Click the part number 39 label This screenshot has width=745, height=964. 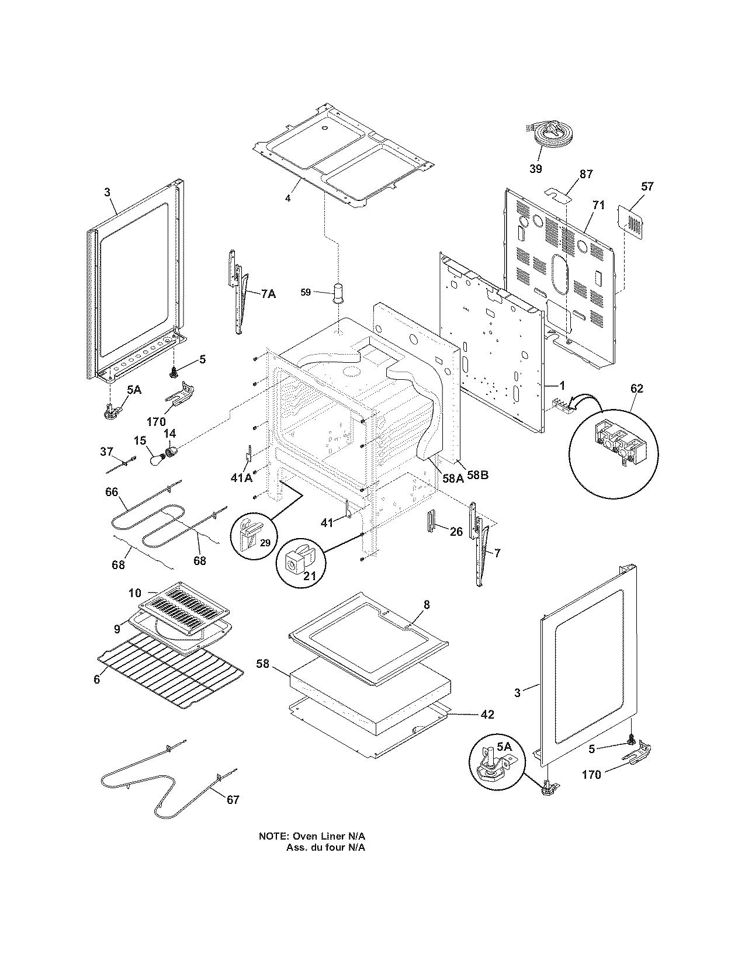535,169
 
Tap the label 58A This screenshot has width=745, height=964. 453,478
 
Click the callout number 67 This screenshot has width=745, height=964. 233,799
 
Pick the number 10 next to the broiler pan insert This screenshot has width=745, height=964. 135,593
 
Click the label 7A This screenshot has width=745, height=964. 268,294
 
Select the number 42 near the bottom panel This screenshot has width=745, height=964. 487,714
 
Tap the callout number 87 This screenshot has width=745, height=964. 586,174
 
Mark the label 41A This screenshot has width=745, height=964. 241,477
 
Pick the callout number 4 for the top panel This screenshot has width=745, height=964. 287,198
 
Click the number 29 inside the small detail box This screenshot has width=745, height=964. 265,543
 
